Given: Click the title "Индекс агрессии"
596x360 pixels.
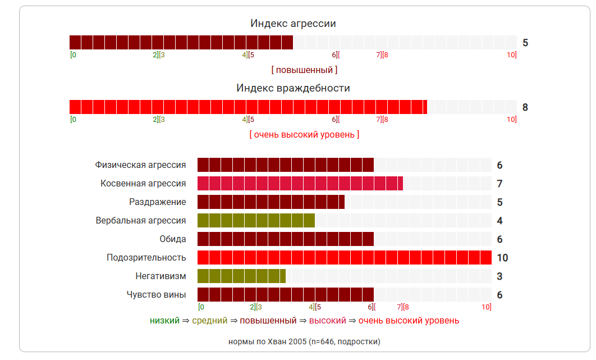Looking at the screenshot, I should [x=293, y=24].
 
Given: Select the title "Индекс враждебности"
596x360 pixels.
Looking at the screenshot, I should [x=293, y=88].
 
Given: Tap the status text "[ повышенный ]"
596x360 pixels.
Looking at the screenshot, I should [x=304, y=70].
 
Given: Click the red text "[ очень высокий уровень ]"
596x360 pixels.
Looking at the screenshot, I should [x=304, y=135].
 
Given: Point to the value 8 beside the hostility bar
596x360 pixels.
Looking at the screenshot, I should [x=525, y=107].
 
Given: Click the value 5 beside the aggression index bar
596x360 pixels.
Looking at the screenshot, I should [x=525, y=43].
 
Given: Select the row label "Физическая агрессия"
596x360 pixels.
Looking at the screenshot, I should [x=140, y=165].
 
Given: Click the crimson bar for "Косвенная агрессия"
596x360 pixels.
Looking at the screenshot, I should [x=300, y=184].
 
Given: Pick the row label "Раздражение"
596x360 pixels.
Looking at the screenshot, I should [x=157, y=202].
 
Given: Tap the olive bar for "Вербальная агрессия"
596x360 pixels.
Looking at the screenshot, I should [x=256, y=221].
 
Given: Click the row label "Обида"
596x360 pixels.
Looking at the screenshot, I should [x=173, y=239].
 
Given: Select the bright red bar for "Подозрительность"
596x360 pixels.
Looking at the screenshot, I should [x=344, y=258].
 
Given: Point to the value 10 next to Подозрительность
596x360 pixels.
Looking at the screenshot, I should [x=502, y=258].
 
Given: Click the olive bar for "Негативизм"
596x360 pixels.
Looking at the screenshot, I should [x=241, y=276].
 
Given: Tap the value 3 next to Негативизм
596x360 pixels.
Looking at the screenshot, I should [x=499, y=276].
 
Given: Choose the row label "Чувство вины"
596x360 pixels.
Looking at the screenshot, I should [x=156, y=295].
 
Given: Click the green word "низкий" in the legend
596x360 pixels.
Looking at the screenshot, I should [x=164, y=321].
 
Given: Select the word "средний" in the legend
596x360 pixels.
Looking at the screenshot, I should [x=210, y=321].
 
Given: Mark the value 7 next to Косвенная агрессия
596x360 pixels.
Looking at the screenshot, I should [x=499, y=184].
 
